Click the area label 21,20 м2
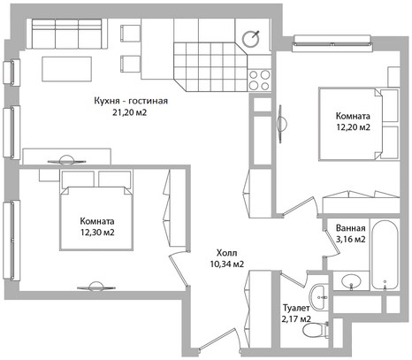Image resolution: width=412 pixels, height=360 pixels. (x=129, y=112)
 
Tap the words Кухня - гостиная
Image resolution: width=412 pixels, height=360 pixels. (x=131, y=101)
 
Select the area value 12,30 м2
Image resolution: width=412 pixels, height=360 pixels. (x=97, y=233)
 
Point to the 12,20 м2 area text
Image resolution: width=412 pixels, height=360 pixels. (x=353, y=127)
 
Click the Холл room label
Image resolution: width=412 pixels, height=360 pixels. (x=226, y=253)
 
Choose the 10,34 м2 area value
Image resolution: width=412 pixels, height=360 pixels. (x=227, y=264)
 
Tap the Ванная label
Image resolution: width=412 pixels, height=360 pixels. (x=350, y=228)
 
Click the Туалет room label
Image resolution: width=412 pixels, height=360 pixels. (x=296, y=308)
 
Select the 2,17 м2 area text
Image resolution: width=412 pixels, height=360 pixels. (x=296, y=318)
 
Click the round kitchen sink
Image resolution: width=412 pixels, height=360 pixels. (x=251, y=39)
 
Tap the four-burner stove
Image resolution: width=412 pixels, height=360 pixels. (x=259, y=80)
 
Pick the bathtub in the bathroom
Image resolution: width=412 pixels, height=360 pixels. (x=385, y=255)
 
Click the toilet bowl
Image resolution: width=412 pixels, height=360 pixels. (x=316, y=330)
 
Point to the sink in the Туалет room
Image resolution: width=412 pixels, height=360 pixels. (x=317, y=297)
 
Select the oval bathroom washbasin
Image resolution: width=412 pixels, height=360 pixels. (x=351, y=281)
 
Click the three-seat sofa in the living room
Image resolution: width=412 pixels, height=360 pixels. (x=67, y=34)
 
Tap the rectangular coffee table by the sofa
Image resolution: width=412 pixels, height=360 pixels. (x=66, y=69)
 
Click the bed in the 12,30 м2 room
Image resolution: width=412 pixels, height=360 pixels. (x=96, y=210)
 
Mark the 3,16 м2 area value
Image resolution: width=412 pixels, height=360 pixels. (x=351, y=239)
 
